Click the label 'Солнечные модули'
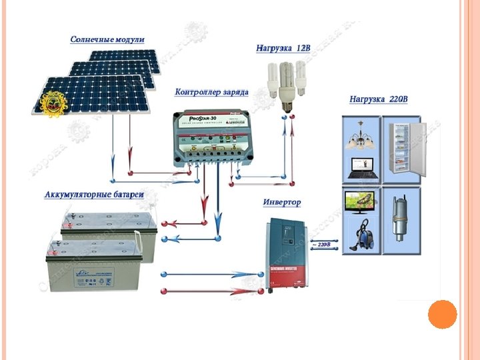tap(107, 40)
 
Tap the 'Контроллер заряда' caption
tap(212, 91)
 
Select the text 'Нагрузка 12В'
tap(283, 49)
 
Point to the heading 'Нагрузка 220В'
tap(378, 99)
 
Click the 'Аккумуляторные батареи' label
tap(94, 195)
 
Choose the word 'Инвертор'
tap(282, 202)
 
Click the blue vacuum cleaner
tap(363, 234)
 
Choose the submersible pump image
tap(400, 219)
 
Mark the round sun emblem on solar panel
tap(52, 104)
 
